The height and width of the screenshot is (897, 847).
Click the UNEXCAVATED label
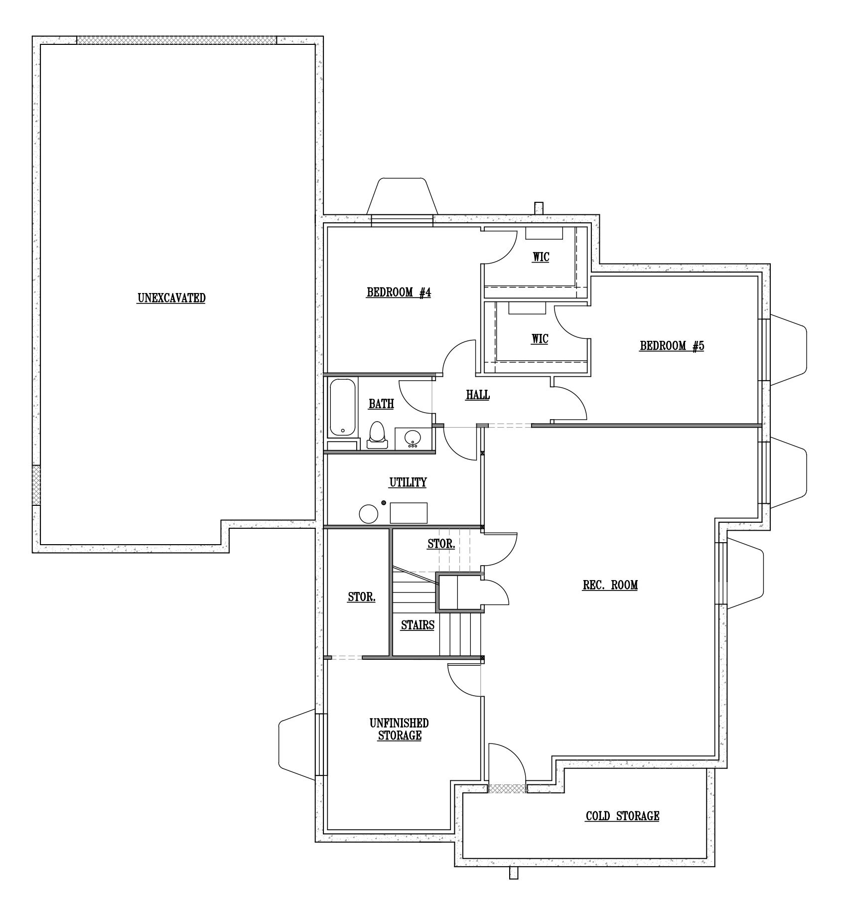click(171, 299)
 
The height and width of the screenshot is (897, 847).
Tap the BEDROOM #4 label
click(399, 293)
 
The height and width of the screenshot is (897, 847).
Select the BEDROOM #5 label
click(672, 346)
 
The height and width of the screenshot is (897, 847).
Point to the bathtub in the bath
click(342, 407)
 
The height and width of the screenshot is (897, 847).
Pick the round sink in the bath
click(413, 438)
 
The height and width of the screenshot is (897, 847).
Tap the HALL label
click(478, 395)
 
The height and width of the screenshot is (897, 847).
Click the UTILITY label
click(408, 482)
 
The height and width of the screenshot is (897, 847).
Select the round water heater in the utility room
click(369, 513)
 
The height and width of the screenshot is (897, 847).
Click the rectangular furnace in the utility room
click(409, 513)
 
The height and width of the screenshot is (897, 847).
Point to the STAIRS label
click(418, 625)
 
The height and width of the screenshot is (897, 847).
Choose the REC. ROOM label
click(610, 585)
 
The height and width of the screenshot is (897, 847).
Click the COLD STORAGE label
click(622, 816)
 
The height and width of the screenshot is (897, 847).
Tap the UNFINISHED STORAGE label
click(399, 729)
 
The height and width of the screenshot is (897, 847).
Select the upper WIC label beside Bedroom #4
click(541, 258)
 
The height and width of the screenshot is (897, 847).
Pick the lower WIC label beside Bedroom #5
click(540, 339)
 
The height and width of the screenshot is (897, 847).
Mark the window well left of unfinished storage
click(296, 745)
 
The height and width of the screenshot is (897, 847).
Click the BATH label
click(381, 404)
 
